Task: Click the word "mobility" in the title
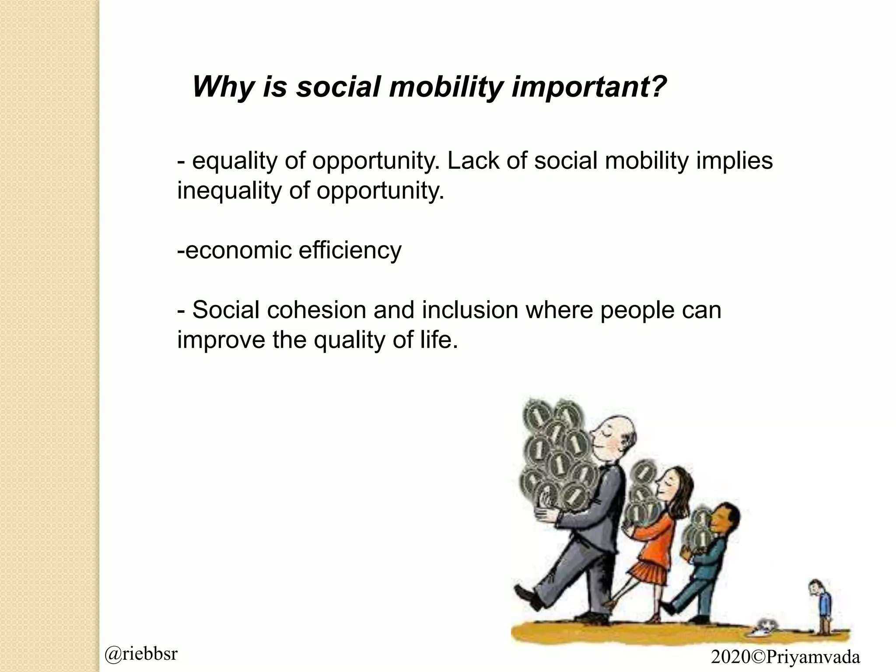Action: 446,87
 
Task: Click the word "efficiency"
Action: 350,251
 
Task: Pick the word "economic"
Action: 238,251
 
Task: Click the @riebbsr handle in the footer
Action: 141,654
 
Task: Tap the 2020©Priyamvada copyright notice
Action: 785,657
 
